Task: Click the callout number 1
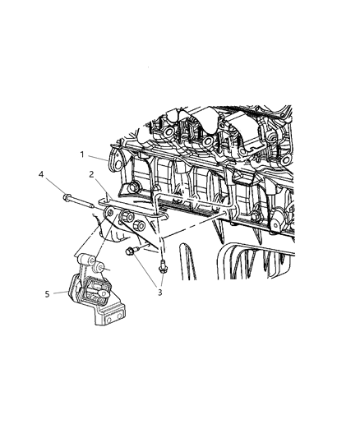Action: click(x=82, y=154)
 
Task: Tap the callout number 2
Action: click(x=91, y=174)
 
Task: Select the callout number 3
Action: click(x=159, y=293)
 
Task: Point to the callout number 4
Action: click(x=41, y=174)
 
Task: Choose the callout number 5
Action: click(x=47, y=294)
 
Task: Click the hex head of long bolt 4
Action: click(x=67, y=197)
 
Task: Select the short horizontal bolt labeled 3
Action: click(x=131, y=251)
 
